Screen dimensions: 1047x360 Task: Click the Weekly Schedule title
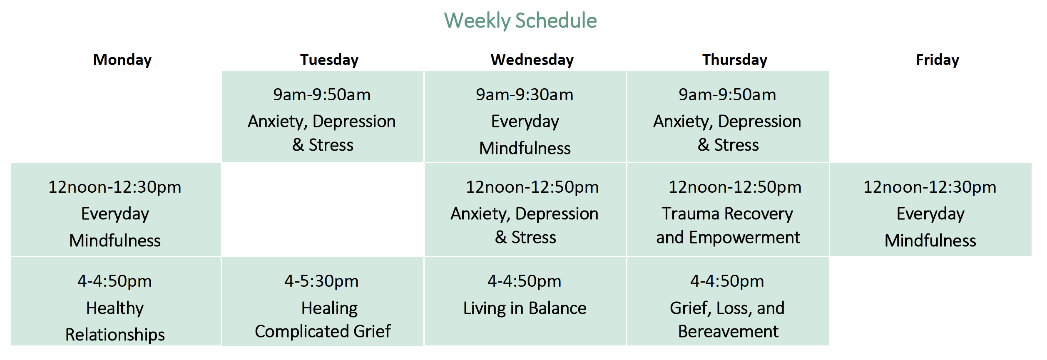520,21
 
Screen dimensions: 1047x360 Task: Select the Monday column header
122,60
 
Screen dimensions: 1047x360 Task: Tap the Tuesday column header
329,60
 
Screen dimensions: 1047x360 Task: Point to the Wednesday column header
532,60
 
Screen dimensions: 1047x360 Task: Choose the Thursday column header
735,60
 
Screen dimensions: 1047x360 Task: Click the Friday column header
938,60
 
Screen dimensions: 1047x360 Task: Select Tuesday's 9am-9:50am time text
322,95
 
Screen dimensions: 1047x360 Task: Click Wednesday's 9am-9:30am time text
525,95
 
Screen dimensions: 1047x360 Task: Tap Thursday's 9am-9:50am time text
727,95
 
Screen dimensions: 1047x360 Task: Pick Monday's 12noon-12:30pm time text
115,187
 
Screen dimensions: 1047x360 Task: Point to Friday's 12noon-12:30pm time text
930,187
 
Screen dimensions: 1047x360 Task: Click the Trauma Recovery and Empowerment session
728,226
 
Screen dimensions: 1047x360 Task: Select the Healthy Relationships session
115,321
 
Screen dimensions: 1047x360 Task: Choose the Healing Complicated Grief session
323,320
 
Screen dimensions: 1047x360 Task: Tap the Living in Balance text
525,308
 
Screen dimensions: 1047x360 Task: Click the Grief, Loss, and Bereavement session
727,320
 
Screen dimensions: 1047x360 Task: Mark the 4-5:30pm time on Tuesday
321,281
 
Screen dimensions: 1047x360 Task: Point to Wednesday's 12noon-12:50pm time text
532,187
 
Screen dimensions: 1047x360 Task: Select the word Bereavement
728,332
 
